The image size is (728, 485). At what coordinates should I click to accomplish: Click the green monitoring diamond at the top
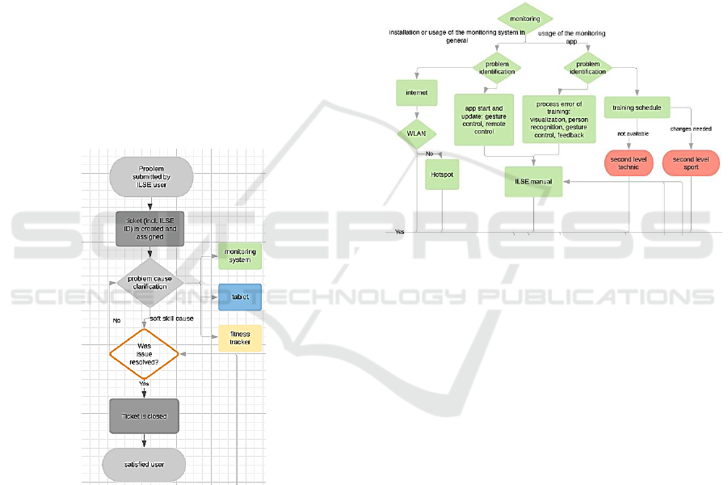click(x=525, y=17)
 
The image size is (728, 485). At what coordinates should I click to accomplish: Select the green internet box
click(x=416, y=93)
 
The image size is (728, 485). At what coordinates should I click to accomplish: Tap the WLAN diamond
click(x=416, y=135)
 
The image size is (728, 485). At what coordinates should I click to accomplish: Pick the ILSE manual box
click(x=533, y=181)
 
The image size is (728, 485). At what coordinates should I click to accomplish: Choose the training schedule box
click(x=638, y=108)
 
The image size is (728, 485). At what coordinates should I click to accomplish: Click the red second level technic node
click(x=628, y=163)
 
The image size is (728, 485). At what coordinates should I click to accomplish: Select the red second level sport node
click(x=690, y=163)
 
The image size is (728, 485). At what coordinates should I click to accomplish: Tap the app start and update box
click(x=484, y=120)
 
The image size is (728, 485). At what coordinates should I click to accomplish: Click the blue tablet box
click(x=240, y=297)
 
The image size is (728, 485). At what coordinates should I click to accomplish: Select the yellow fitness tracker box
click(x=240, y=338)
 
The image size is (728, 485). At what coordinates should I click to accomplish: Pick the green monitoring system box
click(x=240, y=256)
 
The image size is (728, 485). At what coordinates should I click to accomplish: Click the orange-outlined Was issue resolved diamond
click(x=144, y=354)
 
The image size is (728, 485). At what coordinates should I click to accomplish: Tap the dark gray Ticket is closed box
click(x=144, y=416)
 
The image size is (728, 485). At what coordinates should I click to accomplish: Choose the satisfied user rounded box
click(x=144, y=464)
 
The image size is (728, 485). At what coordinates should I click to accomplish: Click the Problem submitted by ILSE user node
click(x=151, y=177)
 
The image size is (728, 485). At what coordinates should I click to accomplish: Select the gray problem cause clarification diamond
click(x=145, y=282)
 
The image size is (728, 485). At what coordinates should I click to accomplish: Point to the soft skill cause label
click(x=172, y=318)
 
